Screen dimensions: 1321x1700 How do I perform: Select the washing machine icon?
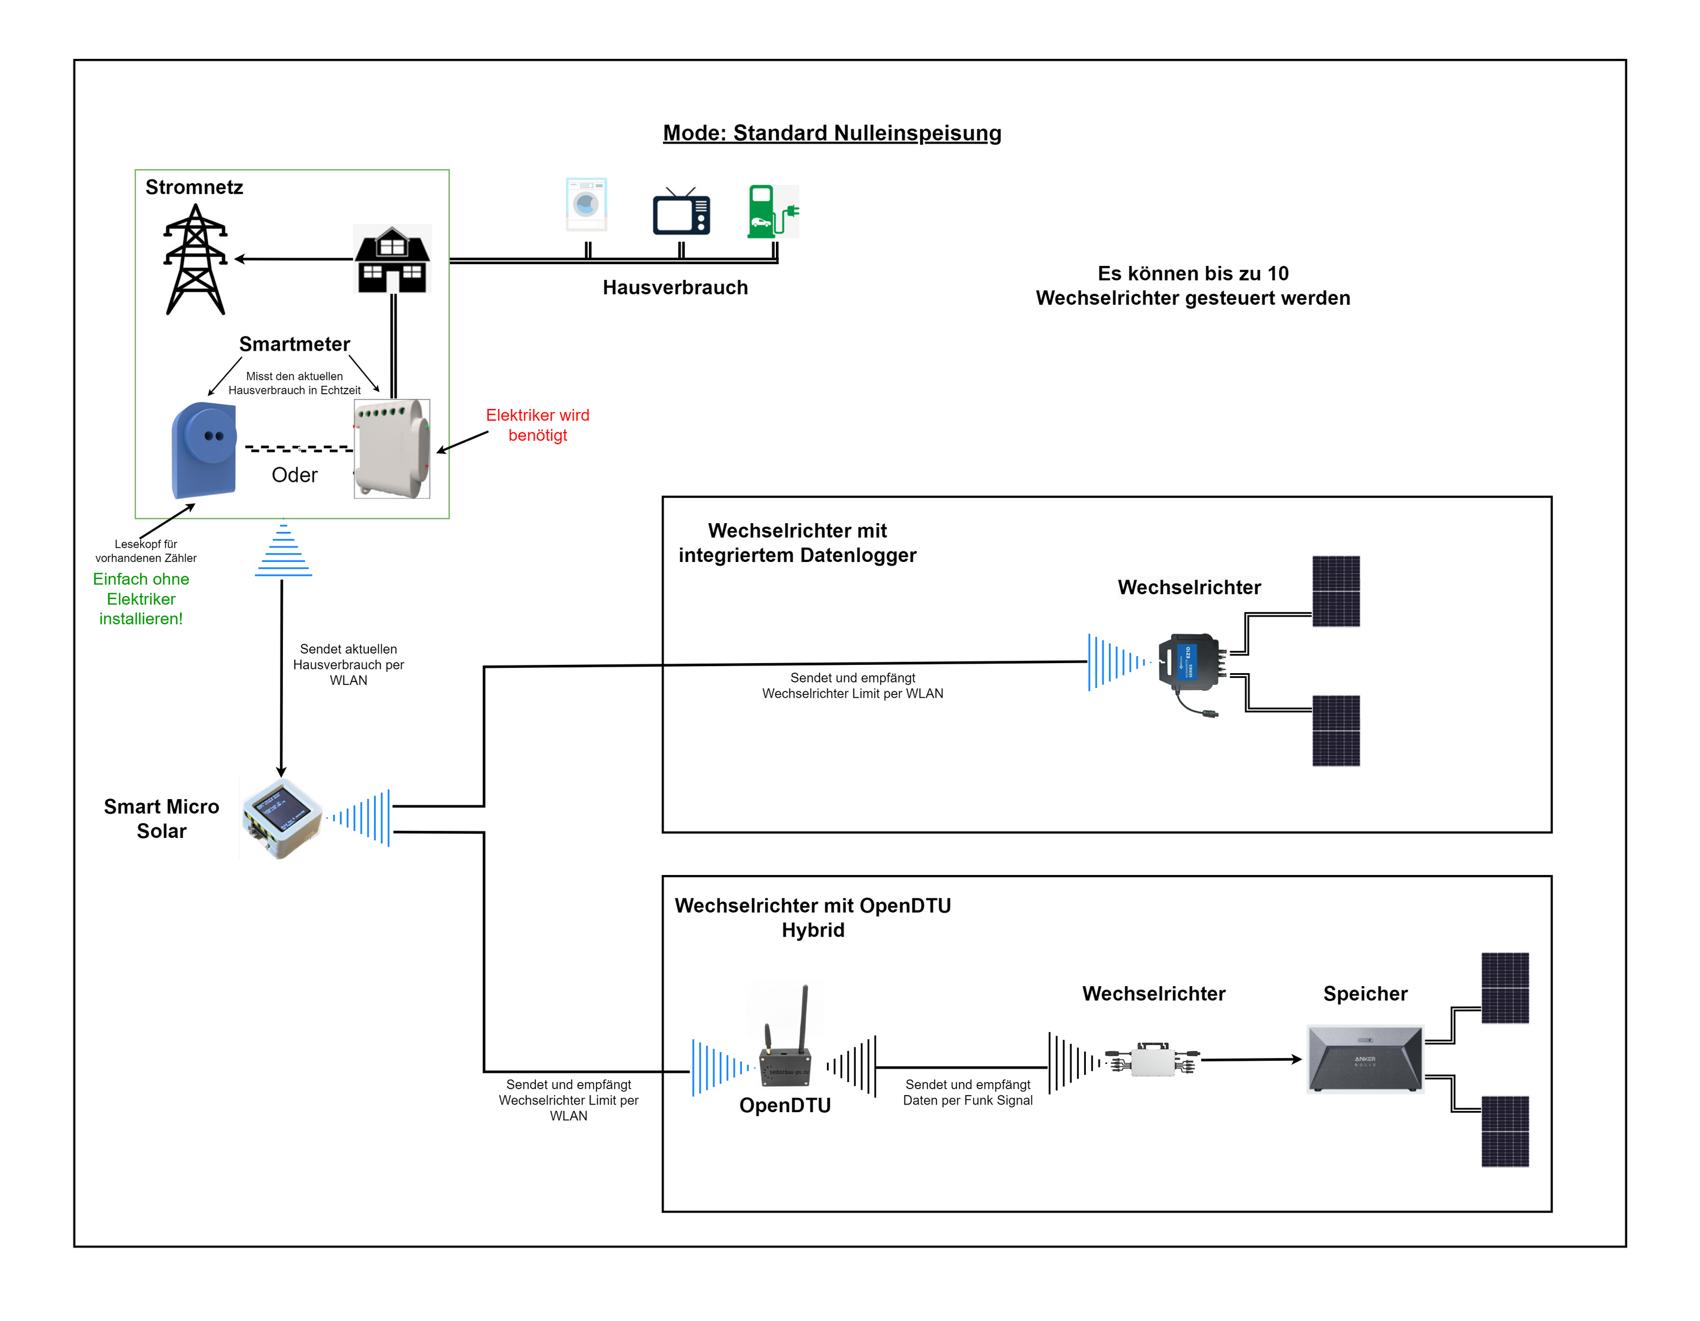point(586,205)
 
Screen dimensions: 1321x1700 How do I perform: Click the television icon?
point(681,212)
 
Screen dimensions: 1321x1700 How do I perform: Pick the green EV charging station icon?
point(771,212)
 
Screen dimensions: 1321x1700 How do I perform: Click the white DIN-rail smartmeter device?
point(392,448)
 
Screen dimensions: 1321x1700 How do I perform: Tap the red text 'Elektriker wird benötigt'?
point(537,425)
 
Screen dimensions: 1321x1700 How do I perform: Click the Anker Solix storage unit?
point(1365,1059)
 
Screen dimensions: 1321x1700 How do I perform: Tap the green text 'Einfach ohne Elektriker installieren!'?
point(141,598)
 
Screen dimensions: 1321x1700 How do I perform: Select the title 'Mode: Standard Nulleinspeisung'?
point(831,133)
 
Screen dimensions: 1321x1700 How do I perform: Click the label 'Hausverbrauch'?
point(675,287)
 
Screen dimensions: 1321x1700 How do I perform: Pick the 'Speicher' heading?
point(1365,993)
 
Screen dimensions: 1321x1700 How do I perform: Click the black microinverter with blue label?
point(1188,661)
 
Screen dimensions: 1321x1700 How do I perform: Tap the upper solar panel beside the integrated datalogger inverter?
point(1336,591)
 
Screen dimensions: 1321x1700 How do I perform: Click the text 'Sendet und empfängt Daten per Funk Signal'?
point(968,1092)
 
